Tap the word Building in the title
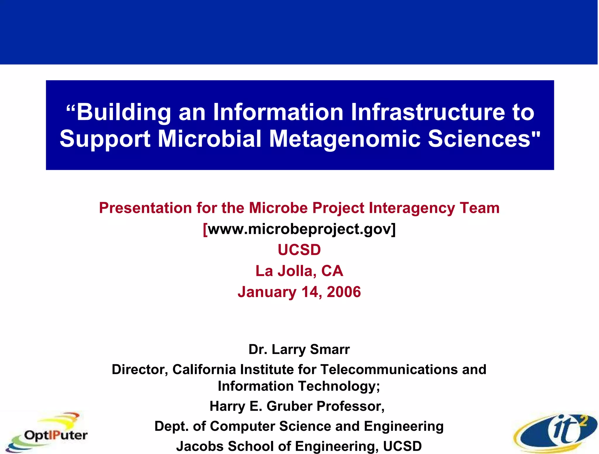click(123, 113)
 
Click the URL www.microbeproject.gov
click(299, 229)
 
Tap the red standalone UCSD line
click(299, 250)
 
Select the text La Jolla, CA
click(299, 271)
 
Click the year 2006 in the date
click(344, 292)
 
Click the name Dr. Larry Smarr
click(299, 349)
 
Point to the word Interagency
click(412, 208)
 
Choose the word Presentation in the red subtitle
click(145, 208)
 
